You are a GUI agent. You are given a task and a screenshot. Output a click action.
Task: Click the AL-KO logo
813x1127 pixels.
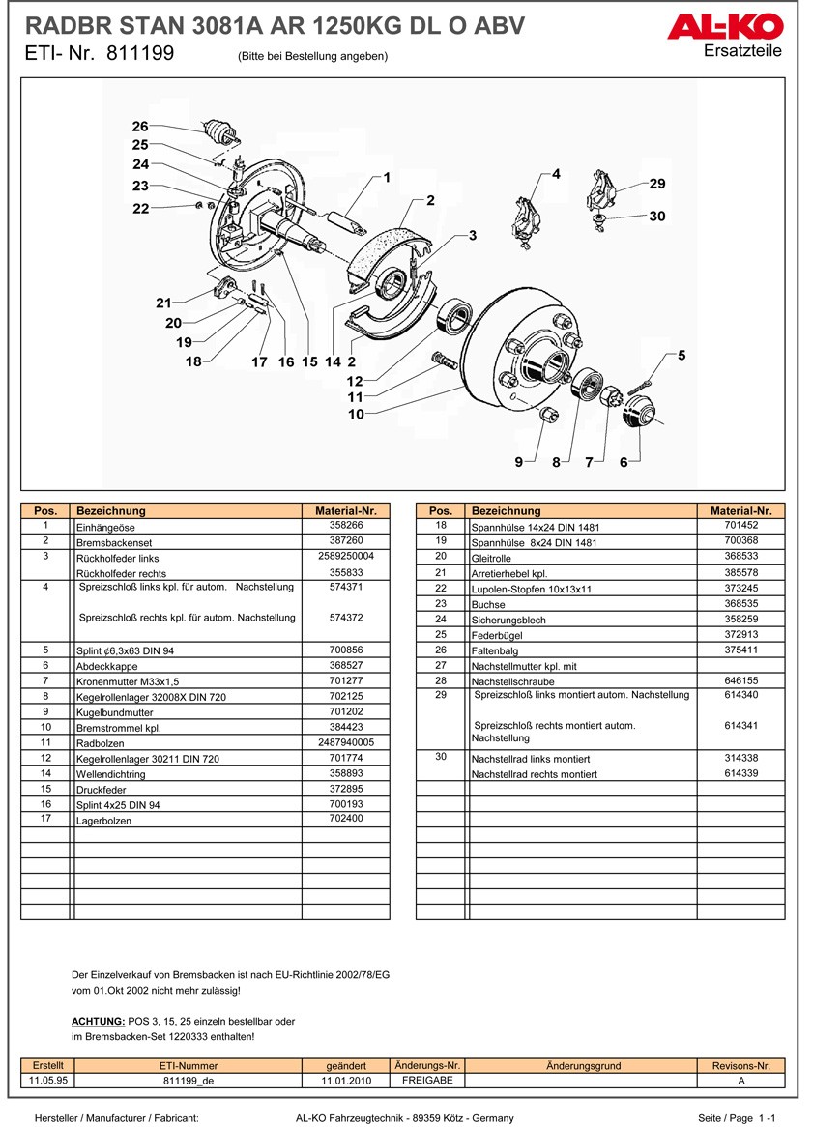coord(724,27)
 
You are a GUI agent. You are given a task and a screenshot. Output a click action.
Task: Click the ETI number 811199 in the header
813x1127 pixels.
coord(140,54)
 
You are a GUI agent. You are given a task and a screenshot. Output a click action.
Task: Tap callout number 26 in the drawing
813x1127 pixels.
coord(140,127)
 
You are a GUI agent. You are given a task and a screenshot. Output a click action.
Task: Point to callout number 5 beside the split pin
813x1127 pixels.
coord(681,356)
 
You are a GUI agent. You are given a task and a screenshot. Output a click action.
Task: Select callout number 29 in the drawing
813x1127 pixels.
coord(657,184)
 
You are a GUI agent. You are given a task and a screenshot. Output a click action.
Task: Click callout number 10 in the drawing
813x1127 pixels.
coord(356,414)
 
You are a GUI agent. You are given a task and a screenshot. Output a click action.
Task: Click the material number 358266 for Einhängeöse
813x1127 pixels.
coord(345,525)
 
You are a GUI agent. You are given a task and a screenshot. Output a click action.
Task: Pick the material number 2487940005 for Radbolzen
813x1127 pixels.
coord(345,742)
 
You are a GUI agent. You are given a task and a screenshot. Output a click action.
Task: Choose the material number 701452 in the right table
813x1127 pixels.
coord(740,525)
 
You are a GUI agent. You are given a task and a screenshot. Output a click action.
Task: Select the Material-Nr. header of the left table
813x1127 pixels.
coord(345,510)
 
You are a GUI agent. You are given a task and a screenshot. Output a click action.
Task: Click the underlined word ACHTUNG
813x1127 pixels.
coord(98,1021)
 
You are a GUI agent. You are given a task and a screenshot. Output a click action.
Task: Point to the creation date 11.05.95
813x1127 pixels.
coord(48,1080)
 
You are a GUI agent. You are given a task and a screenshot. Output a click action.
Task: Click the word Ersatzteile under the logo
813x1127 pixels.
coord(743,50)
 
